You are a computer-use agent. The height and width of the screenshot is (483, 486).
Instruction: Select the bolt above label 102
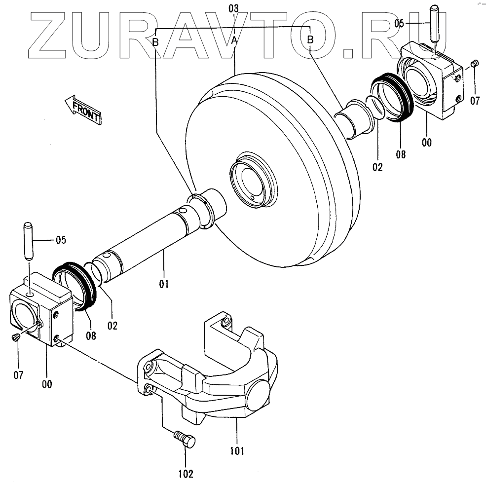tap(185, 438)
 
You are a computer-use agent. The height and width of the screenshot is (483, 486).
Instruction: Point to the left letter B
tap(155, 42)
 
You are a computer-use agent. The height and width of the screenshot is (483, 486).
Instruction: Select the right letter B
tap(310, 40)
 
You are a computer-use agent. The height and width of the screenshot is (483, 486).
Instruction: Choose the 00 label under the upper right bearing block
tap(427, 143)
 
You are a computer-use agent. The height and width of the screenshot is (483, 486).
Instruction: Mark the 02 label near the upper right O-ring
tap(377, 167)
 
